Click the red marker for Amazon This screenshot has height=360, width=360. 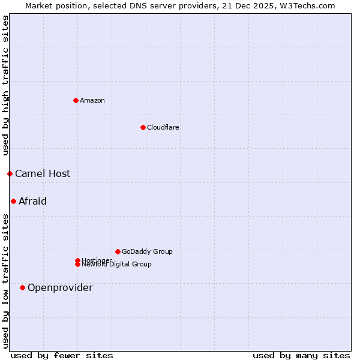pyautogui.click(x=76, y=100)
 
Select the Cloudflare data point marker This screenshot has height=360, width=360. pyautogui.click(x=143, y=127)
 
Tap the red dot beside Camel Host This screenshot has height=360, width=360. pyautogui.click(x=10, y=173)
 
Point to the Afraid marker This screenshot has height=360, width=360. pyautogui.click(x=13, y=201)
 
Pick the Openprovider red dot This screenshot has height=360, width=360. pyautogui.click(x=22, y=287)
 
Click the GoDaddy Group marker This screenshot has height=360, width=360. pyautogui.click(x=118, y=251)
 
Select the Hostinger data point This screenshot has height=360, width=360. pyautogui.click(x=77, y=260)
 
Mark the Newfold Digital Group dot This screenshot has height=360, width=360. pyautogui.click(x=77, y=265)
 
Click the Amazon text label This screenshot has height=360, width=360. pyautogui.click(x=92, y=100)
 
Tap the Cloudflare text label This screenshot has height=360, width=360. pyautogui.click(x=163, y=127)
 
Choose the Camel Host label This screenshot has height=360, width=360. pyautogui.click(x=43, y=173)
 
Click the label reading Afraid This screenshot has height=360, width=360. pyautogui.click(x=32, y=201)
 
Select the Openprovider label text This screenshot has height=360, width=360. pyautogui.click(x=60, y=287)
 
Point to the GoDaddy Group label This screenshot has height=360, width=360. pyautogui.click(x=147, y=251)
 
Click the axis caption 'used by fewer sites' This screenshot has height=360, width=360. pyautogui.click(x=62, y=355)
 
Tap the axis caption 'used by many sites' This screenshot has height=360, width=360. pyautogui.click(x=301, y=355)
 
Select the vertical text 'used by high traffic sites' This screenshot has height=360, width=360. pyautogui.click(x=5, y=86)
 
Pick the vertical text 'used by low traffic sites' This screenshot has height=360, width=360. pyautogui.click(x=5, y=280)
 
